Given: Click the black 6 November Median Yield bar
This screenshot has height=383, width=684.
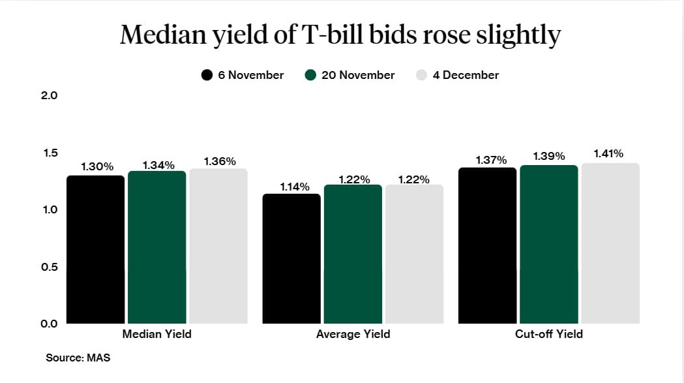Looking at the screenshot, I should pyautogui.click(x=95, y=249).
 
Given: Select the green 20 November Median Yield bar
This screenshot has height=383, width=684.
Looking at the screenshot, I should pyautogui.click(x=156, y=247).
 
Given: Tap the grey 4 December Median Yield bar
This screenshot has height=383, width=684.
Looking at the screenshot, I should pyautogui.click(x=218, y=246).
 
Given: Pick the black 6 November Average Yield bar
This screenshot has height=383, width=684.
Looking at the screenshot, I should pyautogui.click(x=291, y=258).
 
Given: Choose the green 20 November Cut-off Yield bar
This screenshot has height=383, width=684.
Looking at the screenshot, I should pyautogui.click(x=548, y=244).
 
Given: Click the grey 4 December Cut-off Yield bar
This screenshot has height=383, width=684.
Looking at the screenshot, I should pyautogui.click(x=610, y=243).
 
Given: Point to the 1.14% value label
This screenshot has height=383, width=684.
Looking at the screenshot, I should pyautogui.click(x=295, y=187).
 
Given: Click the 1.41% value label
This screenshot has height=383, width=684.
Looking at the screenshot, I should pyautogui.click(x=608, y=154).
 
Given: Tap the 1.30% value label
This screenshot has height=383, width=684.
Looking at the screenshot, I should pyautogui.click(x=97, y=167).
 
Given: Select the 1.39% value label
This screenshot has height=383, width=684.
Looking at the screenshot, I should pyautogui.click(x=549, y=157).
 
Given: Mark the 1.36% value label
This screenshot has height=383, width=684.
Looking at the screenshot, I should pyautogui.click(x=220, y=161).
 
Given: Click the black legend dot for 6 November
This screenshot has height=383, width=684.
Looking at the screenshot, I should pyautogui.click(x=207, y=75).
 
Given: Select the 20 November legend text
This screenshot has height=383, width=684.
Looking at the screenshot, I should pyautogui.click(x=358, y=75).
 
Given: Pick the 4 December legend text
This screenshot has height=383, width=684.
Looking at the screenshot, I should pyautogui.click(x=466, y=75).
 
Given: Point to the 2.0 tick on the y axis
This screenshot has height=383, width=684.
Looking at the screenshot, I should pyautogui.click(x=50, y=95).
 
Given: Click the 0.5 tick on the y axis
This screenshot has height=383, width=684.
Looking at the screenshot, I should pyautogui.click(x=50, y=267).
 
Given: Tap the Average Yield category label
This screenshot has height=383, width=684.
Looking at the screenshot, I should pyautogui.click(x=353, y=334).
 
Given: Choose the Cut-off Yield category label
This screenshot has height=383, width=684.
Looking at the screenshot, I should pyautogui.click(x=548, y=334).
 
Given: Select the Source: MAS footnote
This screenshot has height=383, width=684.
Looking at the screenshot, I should pyautogui.click(x=74, y=358).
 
